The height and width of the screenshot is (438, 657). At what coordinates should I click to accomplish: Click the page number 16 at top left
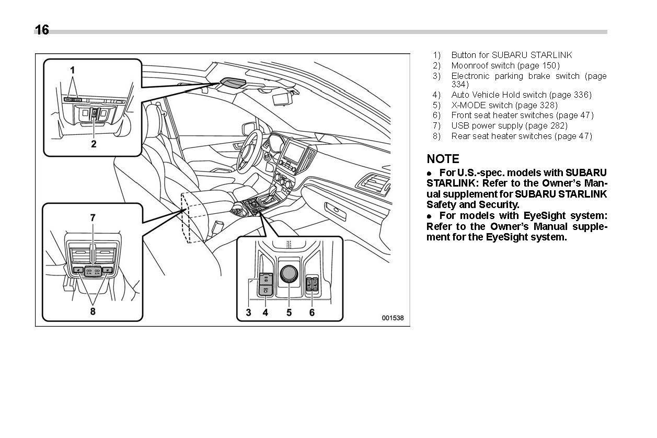[42, 30]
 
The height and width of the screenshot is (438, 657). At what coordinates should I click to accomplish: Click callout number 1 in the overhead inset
[73, 70]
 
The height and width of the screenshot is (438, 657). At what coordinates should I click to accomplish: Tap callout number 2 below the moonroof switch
[94, 144]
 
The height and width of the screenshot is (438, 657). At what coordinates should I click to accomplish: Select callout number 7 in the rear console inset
[93, 217]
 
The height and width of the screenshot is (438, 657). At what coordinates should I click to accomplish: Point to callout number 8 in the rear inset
[93, 311]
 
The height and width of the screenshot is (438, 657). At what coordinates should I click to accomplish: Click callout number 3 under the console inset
[249, 313]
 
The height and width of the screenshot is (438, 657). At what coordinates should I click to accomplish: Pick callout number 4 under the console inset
[266, 313]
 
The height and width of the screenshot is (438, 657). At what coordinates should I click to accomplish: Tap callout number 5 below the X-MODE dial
[289, 313]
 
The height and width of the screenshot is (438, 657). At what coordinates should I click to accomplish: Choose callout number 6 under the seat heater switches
[312, 313]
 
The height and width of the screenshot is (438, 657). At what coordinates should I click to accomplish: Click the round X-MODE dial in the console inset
[289, 273]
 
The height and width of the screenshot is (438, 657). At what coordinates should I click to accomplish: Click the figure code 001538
[392, 318]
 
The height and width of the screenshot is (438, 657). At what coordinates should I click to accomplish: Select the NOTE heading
[443, 159]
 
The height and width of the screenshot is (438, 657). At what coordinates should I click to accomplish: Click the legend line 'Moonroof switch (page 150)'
[505, 65]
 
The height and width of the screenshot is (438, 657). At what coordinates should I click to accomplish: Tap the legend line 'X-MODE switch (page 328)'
[504, 105]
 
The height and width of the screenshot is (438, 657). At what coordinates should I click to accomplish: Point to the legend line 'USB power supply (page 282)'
[509, 125]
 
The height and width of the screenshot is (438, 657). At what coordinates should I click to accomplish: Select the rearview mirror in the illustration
[283, 97]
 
